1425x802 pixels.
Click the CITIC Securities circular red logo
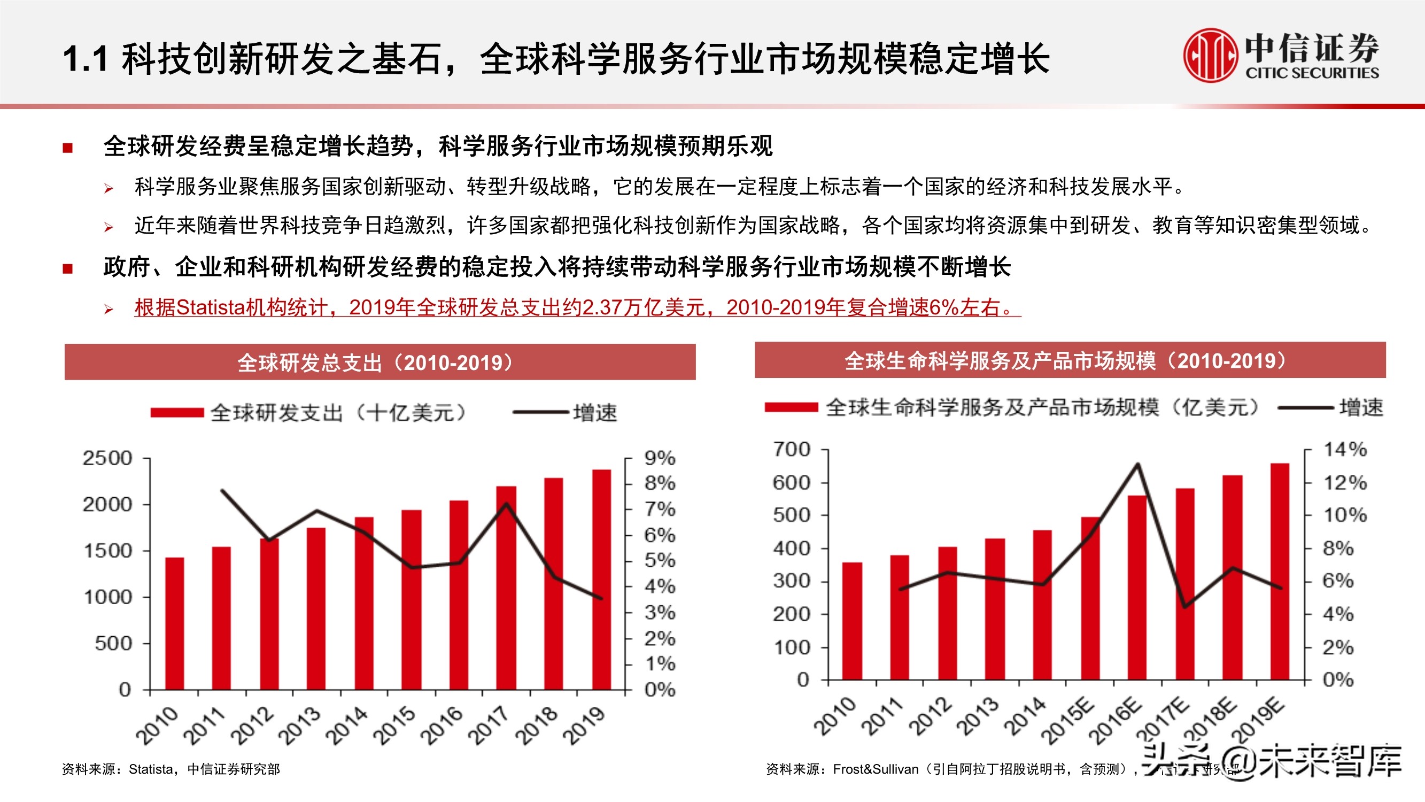point(1210,56)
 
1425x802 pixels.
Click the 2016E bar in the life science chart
point(1137,587)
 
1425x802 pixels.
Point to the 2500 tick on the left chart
point(107,458)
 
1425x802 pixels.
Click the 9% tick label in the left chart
point(660,458)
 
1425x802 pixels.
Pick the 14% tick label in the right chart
point(1345,450)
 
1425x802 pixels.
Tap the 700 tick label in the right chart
point(792,450)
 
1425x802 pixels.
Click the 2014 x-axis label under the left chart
point(347,725)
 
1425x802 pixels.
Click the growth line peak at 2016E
point(1137,465)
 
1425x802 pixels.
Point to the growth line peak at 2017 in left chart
point(506,504)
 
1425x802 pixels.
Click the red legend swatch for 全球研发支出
point(177,412)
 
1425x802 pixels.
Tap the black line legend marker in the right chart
point(1305,408)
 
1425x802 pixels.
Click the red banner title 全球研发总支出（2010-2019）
point(380,363)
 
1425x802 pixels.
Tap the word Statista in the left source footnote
point(151,769)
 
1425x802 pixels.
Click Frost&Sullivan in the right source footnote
point(875,769)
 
